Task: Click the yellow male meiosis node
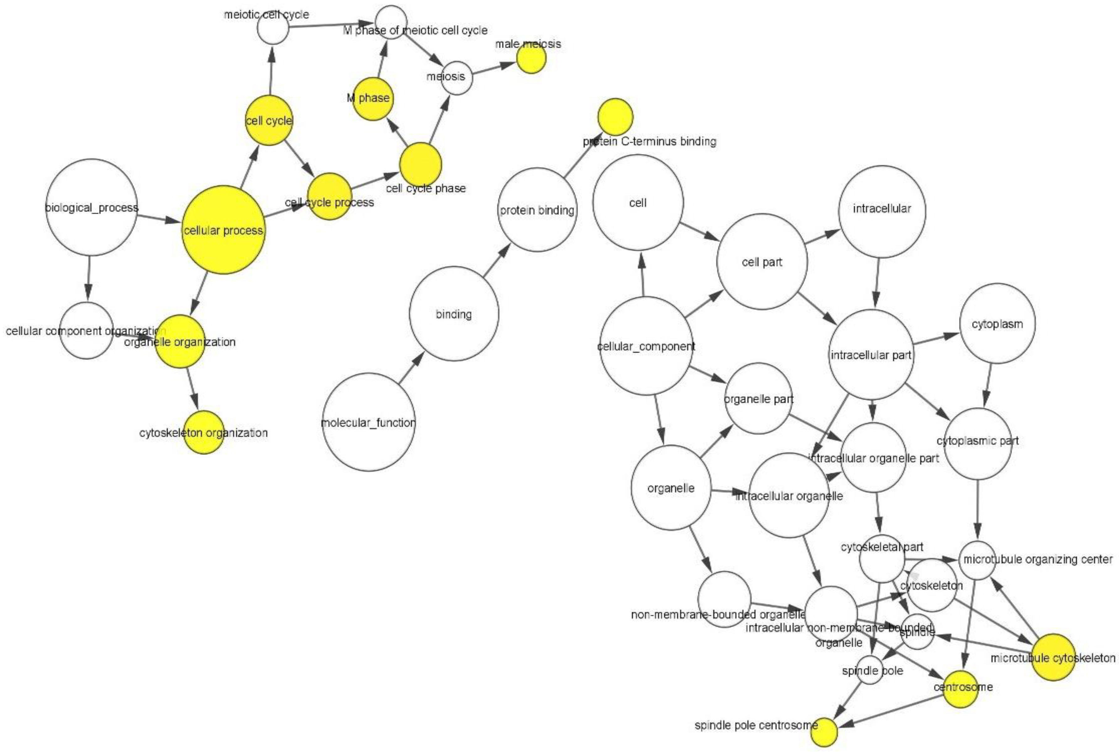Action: point(531,59)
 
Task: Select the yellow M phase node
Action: point(373,99)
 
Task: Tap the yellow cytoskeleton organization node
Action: point(204,432)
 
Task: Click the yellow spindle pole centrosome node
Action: point(824,732)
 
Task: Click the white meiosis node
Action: point(456,78)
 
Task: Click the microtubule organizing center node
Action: point(978,560)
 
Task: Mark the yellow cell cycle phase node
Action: point(420,164)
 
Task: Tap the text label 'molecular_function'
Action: point(368,422)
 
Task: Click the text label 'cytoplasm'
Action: point(997,324)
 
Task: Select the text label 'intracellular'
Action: point(882,209)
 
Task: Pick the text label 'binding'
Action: point(453,314)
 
